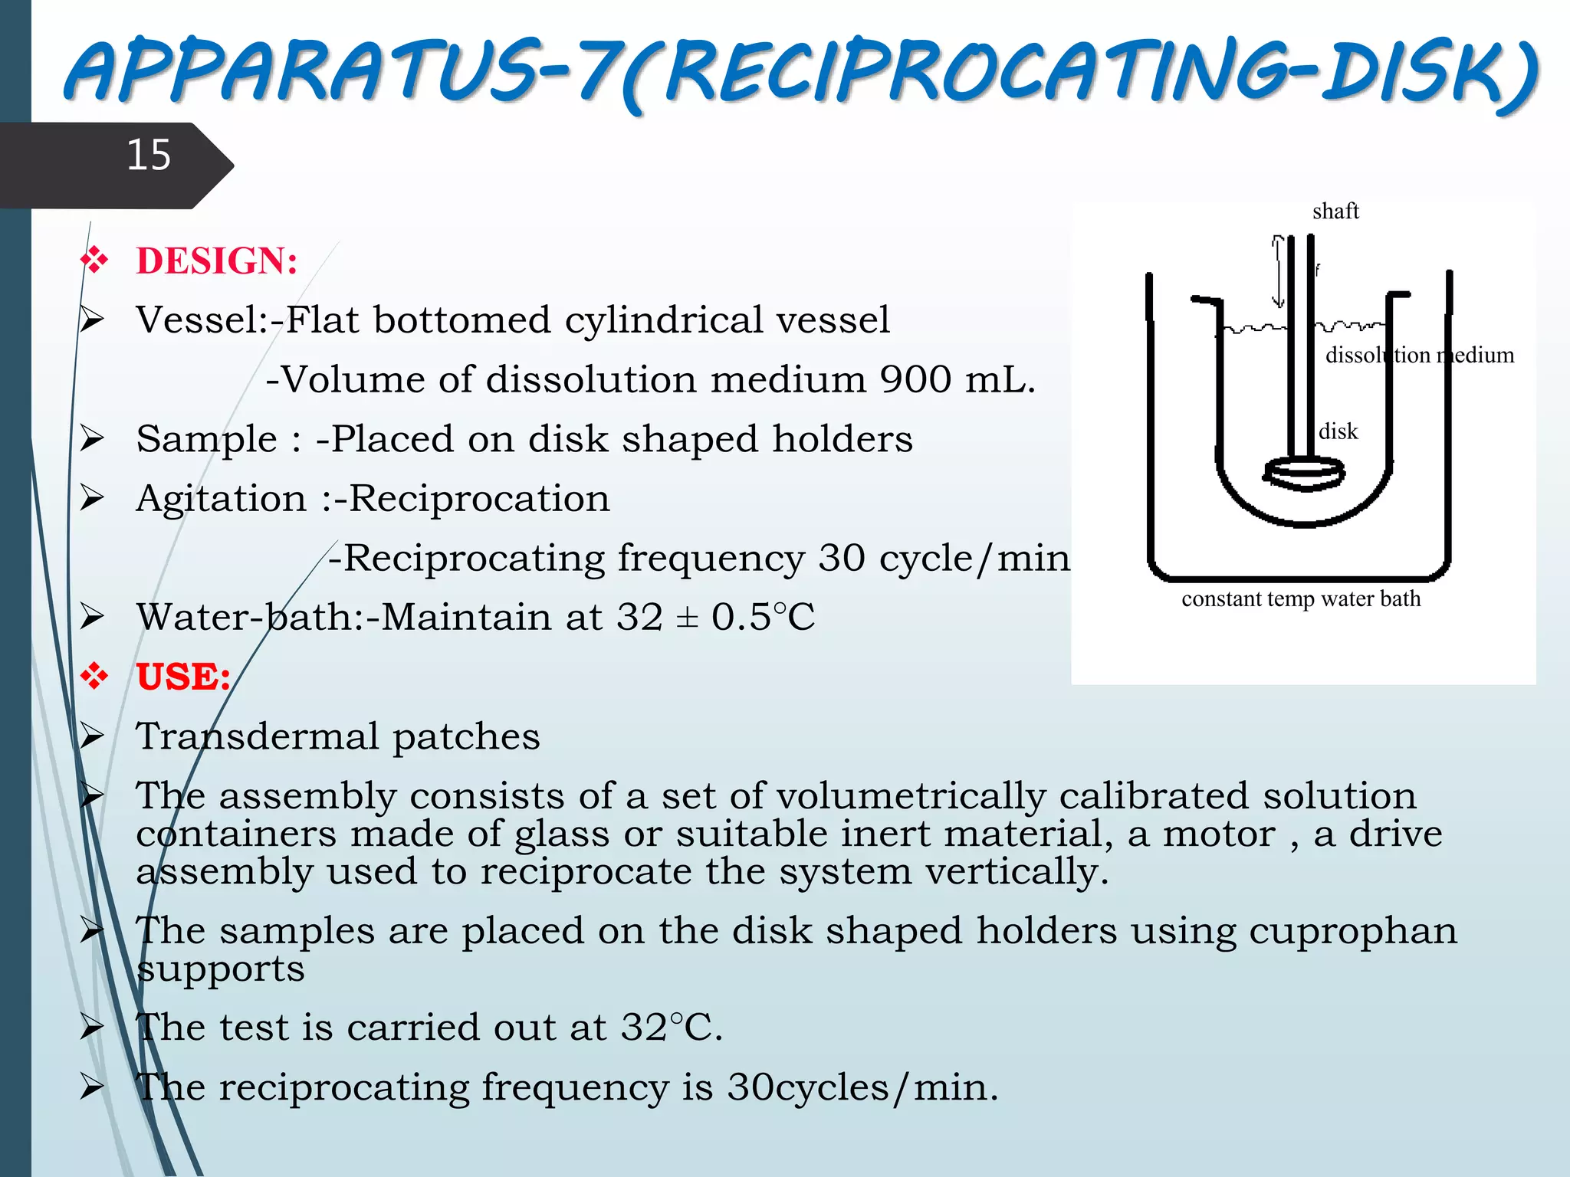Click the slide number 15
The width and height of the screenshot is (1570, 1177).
pyautogui.click(x=148, y=156)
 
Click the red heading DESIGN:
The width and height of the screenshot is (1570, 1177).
pyautogui.click(x=217, y=261)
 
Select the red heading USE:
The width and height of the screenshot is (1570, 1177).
pyautogui.click(x=183, y=677)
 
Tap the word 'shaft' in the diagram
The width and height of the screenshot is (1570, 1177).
pyautogui.click(x=1335, y=211)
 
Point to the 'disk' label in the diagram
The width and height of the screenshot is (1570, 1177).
pyautogui.click(x=1338, y=431)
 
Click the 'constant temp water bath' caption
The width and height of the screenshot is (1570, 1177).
pyautogui.click(x=1301, y=598)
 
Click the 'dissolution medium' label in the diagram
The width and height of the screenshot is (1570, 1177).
pyautogui.click(x=1420, y=355)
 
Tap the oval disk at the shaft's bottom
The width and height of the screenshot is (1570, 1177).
pyautogui.click(x=1303, y=472)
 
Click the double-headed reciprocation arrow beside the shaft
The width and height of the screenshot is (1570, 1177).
pyautogui.click(x=1278, y=270)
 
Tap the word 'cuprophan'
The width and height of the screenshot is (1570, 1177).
pyautogui.click(x=1353, y=931)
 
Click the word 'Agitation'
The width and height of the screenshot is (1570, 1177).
pyautogui.click(x=221, y=499)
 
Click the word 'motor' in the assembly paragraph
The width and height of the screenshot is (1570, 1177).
pyautogui.click(x=1219, y=834)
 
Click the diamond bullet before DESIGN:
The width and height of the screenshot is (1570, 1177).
pyautogui.click(x=94, y=261)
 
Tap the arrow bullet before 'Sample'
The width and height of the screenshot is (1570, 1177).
pyautogui.click(x=92, y=439)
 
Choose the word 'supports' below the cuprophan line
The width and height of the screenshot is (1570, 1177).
pyautogui.click(x=221, y=969)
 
